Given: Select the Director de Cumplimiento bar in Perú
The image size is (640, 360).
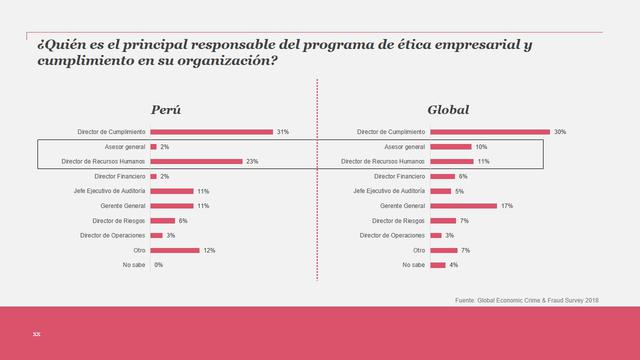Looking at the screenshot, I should [x=211, y=132].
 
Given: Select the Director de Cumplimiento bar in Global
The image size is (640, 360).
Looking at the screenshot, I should [x=490, y=132].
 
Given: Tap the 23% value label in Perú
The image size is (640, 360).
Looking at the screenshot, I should [x=253, y=161].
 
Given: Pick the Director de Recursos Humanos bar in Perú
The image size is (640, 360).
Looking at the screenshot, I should [x=196, y=161].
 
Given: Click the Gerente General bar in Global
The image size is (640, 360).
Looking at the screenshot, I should [x=463, y=205].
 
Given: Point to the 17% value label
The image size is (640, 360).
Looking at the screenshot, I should [x=507, y=205].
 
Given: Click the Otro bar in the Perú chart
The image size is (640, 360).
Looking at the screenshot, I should [x=174, y=250].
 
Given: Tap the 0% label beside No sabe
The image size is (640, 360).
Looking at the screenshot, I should [x=159, y=265].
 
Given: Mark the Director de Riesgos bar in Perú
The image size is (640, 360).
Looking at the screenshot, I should [x=162, y=220].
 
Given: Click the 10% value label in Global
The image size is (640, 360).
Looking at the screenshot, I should [x=481, y=147].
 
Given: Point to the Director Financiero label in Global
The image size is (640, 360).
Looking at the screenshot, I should [x=399, y=176].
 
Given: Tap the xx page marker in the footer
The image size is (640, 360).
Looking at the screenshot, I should [x=36, y=333].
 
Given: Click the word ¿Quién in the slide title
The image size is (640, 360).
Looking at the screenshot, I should [x=57, y=46].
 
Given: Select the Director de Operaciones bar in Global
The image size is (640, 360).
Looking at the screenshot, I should [x=435, y=235].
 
